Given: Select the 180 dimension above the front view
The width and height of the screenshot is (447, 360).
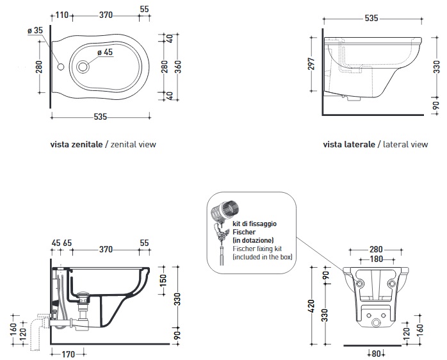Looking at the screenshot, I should click(377, 260).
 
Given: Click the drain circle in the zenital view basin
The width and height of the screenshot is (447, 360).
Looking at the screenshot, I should click(83, 66).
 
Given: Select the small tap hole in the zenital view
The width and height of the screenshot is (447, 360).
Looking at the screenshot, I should click(61, 67).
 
